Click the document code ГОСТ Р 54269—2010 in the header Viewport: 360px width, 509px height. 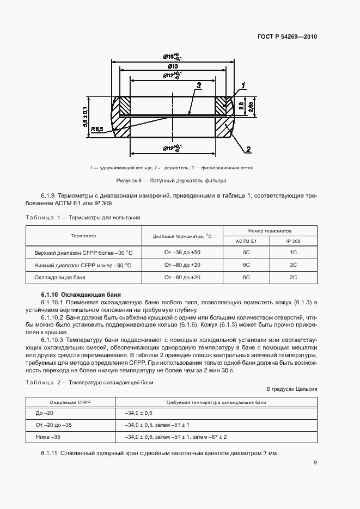pyautogui.click(x=286, y=37)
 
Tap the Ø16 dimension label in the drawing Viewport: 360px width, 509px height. pyautogui.click(x=172, y=57)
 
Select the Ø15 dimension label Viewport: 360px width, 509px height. pyautogui.click(x=172, y=66)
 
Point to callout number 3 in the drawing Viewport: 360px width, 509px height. pyautogui.click(x=199, y=85)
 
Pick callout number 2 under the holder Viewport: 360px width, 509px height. pyautogui.click(x=248, y=149)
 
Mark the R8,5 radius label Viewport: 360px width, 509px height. pyautogui.click(x=98, y=129)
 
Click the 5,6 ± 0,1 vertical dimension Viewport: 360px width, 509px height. pyautogui.click(x=85, y=118)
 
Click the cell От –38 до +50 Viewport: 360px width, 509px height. pyautogui.click(x=182, y=253)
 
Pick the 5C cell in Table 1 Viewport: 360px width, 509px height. pyautogui.click(x=246, y=253)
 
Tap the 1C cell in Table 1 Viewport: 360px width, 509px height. pyautogui.click(x=293, y=253)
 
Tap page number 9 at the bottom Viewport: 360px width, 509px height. pyautogui.click(x=315, y=463)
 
